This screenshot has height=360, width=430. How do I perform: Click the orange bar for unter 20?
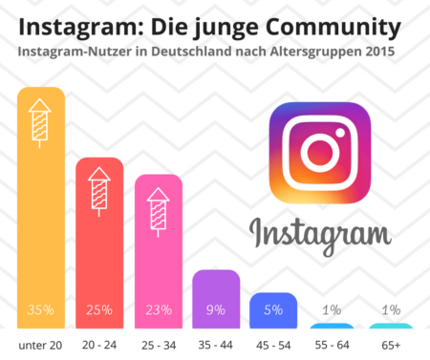point(41,220)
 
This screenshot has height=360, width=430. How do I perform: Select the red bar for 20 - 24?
point(99,248)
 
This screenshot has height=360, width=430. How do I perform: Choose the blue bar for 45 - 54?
point(274,304)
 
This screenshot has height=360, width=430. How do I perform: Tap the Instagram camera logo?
point(319,154)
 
